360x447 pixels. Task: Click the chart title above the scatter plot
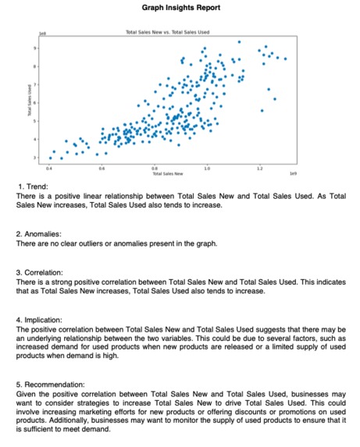coord(169,33)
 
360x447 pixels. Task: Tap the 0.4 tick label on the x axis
coord(50,166)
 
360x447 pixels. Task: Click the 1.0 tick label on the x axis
coord(206,166)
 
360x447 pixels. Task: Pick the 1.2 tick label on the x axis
coord(258,166)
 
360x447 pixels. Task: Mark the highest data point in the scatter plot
coord(240,41)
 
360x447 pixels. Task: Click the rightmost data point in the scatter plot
coord(285,59)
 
